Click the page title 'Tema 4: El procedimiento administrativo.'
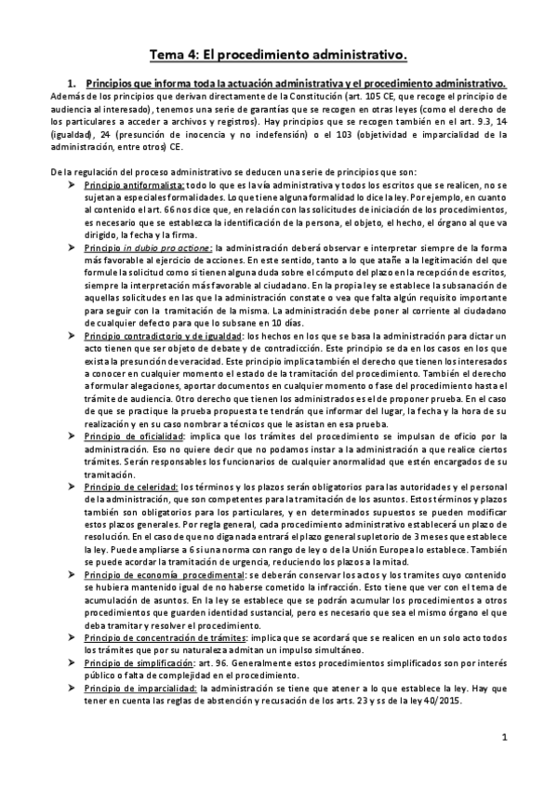(278, 54)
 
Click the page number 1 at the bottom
(503, 739)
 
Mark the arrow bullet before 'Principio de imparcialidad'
(73, 687)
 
